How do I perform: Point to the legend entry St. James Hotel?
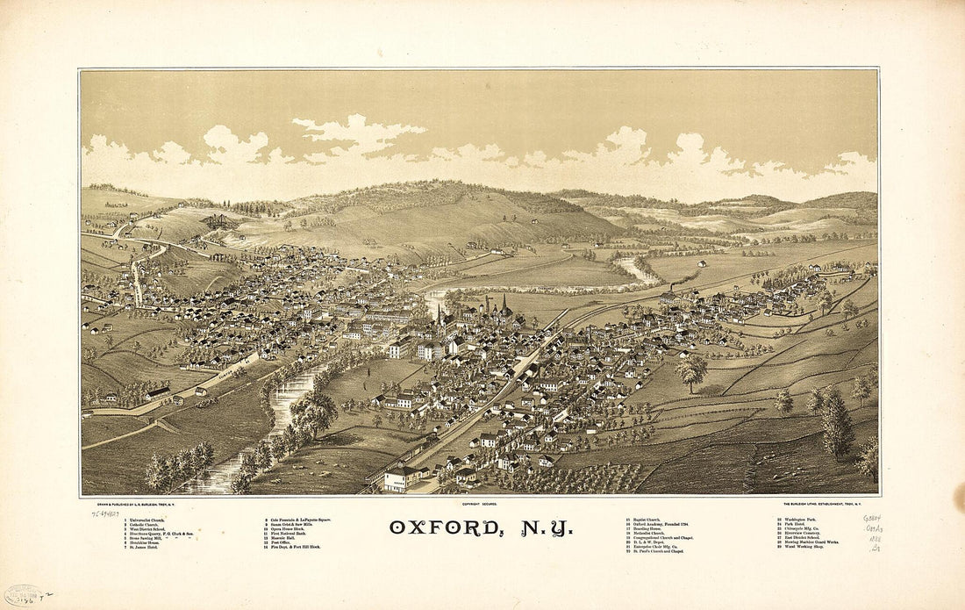[118, 547]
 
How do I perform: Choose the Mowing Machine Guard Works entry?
[812, 542]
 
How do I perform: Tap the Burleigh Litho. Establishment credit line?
[828, 504]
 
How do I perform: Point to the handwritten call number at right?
[873, 533]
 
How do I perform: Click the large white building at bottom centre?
[402, 478]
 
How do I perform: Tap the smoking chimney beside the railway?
[671, 289]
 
